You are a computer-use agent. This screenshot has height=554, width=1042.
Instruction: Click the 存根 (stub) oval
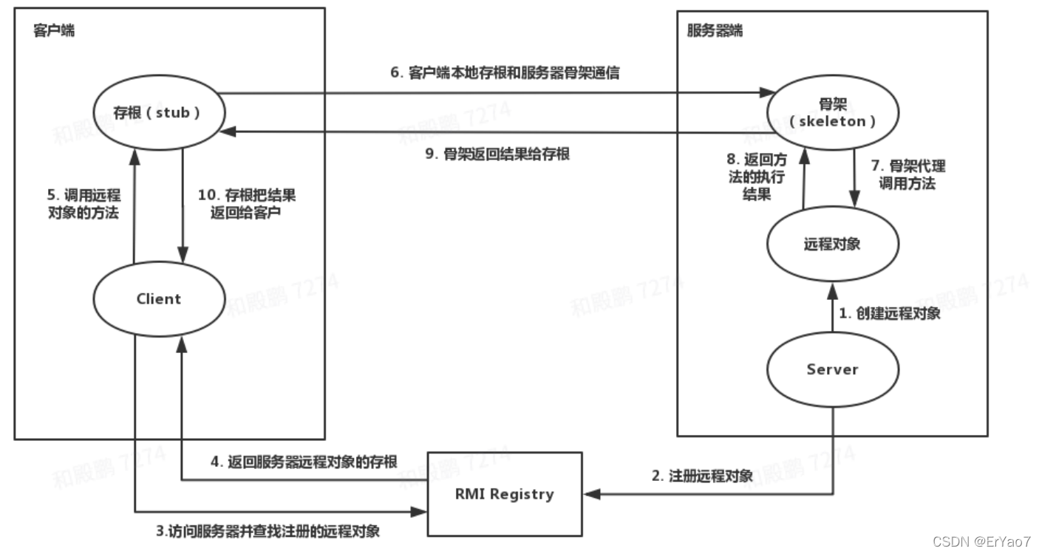click(x=159, y=113)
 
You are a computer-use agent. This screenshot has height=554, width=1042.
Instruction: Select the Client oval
click(x=159, y=298)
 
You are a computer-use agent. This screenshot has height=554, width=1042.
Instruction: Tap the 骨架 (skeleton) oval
click(x=832, y=113)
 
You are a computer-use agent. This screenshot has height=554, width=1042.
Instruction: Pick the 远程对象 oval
click(x=832, y=243)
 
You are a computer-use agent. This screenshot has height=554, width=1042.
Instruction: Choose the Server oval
click(x=832, y=369)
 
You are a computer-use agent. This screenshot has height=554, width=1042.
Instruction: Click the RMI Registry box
click(x=504, y=493)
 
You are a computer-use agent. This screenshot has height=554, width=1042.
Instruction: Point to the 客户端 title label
click(x=54, y=32)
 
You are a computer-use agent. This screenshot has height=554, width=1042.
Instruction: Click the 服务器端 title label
click(x=715, y=32)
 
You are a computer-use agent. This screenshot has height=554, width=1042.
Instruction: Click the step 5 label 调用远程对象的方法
click(x=84, y=206)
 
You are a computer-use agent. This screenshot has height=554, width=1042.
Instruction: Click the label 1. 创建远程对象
click(x=890, y=314)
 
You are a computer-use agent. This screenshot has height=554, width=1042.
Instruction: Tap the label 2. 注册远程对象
click(x=702, y=476)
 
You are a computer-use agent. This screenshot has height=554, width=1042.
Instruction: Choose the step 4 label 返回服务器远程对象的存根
click(x=304, y=462)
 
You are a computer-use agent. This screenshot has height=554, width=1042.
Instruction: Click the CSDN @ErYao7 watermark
click(x=981, y=541)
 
